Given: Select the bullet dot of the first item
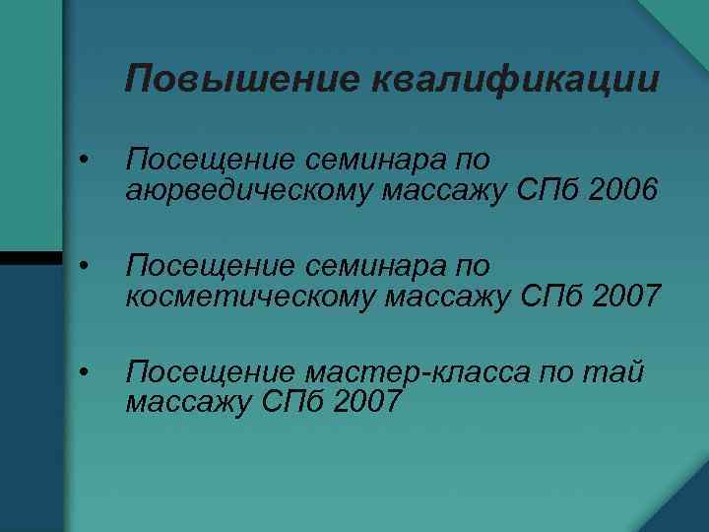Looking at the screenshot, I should tap(87, 162).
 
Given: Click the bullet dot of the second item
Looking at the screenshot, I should tap(87, 266).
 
